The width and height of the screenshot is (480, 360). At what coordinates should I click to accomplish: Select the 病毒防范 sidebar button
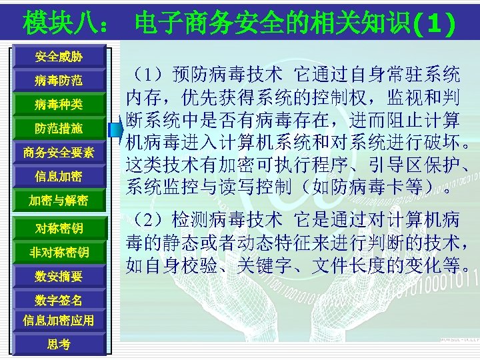pos(59,81)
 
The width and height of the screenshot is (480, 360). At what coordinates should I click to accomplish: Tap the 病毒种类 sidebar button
pos(59,105)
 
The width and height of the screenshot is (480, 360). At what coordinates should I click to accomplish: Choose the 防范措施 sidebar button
pos(59,128)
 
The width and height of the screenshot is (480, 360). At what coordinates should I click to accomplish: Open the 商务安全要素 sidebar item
pos(59,153)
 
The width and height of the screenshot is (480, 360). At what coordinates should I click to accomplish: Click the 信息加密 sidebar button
pos(59,177)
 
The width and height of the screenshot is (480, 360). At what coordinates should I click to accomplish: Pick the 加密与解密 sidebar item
pos(59,200)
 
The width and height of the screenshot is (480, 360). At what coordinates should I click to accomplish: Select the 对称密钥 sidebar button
pos(59,229)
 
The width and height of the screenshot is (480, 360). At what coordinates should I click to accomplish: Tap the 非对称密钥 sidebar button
pos(59,252)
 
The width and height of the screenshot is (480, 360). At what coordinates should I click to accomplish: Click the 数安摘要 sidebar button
pos(59,275)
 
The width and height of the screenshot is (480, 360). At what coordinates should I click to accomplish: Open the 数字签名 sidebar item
pos(59,300)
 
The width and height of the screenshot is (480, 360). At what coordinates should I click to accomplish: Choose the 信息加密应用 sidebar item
pos(59,320)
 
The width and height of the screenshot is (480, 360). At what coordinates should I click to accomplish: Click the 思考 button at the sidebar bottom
pos(59,344)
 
